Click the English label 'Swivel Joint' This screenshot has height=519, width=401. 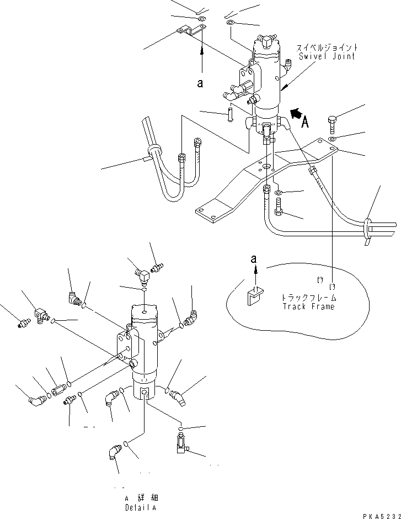[x=327, y=56]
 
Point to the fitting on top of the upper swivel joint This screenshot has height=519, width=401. [x=266, y=40]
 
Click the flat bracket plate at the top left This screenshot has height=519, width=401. [x=188, y=31]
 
